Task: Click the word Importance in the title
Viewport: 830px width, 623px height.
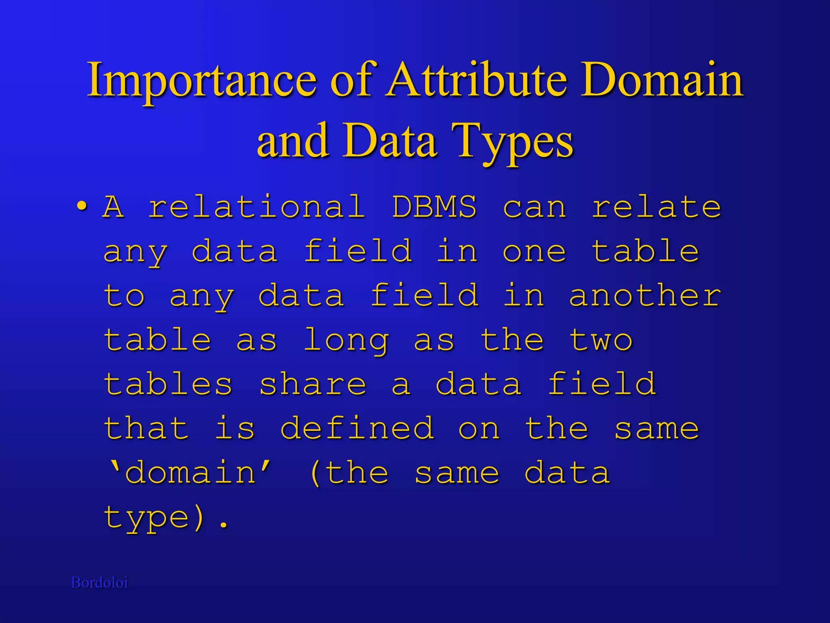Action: [x=201, y=80]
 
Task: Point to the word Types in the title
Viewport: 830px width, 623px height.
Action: [x=514, y=141]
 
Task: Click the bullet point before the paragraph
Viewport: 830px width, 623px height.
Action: [x=82, y=206]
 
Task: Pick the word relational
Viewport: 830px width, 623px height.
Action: [x=256, y=207]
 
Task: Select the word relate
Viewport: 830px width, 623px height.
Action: [x=657, y=207]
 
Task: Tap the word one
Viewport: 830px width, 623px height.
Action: [x=534, y=251]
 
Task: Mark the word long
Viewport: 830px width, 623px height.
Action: [x=346, y=341]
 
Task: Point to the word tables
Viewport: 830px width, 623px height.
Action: [x=168, y=384]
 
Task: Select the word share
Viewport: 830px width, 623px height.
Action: [x=312, y=384]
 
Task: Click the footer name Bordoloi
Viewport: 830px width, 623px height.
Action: [x=100, y=583]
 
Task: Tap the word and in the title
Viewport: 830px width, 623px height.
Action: [x=293, y=141]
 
